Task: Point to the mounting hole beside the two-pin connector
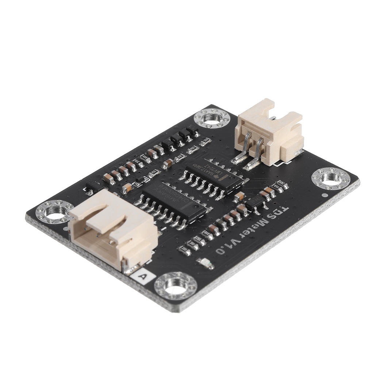coord(212,118)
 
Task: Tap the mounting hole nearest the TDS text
coord(331,178)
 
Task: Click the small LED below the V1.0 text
coord(205,263)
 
